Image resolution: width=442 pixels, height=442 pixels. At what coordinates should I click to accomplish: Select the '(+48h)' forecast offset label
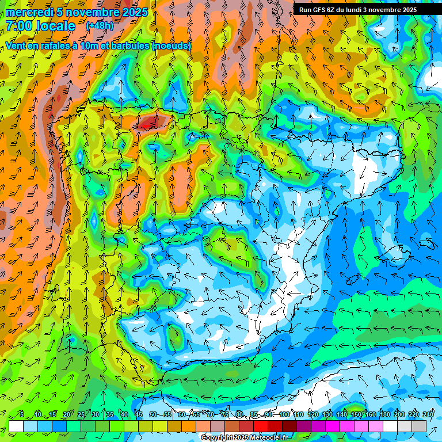point(100,26)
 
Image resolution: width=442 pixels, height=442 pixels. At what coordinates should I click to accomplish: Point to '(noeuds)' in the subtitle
point(172,45)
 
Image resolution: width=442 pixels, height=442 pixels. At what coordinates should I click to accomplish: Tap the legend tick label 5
point(22,414)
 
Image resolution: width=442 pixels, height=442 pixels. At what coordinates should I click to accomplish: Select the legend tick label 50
point(153,414)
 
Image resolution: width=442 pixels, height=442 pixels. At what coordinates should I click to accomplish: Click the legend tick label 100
point(284,414)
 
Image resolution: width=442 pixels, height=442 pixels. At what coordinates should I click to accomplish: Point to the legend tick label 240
point(428,414)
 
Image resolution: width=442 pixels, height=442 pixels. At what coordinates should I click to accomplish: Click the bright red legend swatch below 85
point(261,426)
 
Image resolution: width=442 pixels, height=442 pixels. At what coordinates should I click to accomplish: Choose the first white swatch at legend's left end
point(16,426)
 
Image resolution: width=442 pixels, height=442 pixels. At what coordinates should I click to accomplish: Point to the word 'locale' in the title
point(56,26)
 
